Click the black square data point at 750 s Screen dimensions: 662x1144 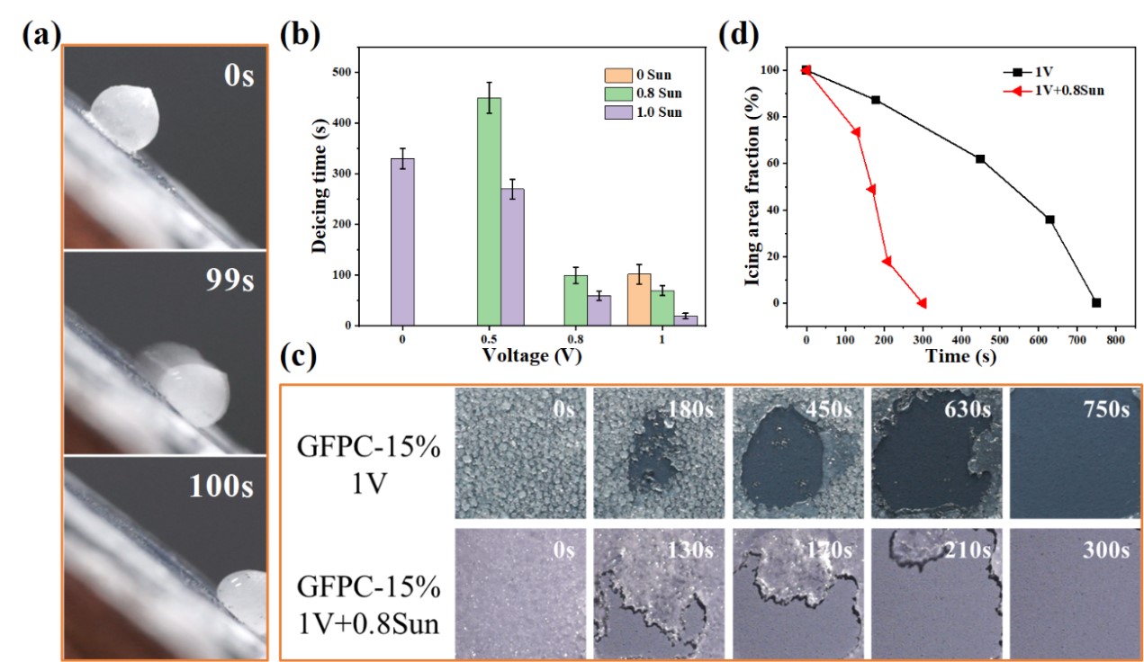click(x=1095, y=303)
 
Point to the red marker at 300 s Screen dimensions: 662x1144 click(x=922, y=303)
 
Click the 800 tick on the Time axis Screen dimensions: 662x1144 click(x=1115, y=342)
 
